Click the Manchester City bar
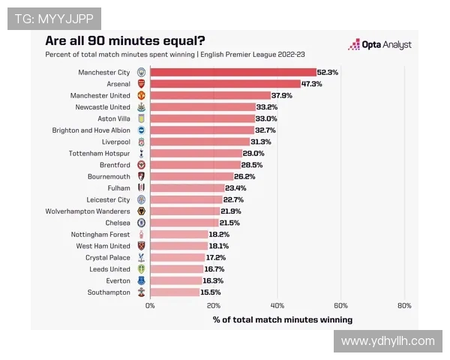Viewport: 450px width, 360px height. coord(233,72)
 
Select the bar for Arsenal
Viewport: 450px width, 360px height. coord(225,84)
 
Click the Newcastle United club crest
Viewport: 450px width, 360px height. coord(141,107)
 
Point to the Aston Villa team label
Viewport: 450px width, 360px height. coord(113,118)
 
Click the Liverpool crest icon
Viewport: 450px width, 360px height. coord(141,142)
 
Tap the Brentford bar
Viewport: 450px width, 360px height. coord(195,165)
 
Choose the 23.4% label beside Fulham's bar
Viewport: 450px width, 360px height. coord(235,187)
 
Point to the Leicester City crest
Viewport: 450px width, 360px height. coord(141,199)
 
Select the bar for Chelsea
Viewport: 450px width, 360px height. coord(184,223)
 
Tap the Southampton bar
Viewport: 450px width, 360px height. coord(175,292)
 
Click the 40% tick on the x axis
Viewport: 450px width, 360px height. coord(277,306)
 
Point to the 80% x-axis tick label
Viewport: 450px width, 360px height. coord(404,306)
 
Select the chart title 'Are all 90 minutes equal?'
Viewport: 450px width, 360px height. coord(125,40)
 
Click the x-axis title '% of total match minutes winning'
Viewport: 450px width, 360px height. coord(282,319)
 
